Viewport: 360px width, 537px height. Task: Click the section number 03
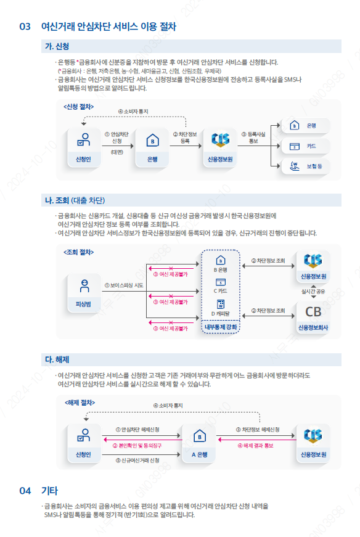(x=25, y=27)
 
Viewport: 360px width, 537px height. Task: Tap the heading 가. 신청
(x=57, y=46)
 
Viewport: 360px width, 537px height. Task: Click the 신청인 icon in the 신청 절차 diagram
(x=84, y=140)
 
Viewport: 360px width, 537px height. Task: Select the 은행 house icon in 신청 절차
(x=152, y=141)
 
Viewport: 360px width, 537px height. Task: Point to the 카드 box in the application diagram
(x=305, y=146)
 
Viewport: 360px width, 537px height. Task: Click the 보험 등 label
(x=314, y=166)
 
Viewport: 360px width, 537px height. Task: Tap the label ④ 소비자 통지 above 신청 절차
(x=133, y=112)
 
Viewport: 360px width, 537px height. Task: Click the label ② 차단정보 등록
(x=185, y=137)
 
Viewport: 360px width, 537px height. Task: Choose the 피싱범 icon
(x=84, y=286)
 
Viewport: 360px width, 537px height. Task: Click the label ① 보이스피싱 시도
(x=124, y=285)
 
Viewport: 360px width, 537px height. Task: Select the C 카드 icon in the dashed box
(x=221, y=282)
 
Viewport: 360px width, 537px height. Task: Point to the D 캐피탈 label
(x=220, y=313)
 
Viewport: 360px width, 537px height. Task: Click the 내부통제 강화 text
(x=221, y=327)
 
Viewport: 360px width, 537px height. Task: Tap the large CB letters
(x=313, y=311)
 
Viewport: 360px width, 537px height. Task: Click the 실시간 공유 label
(x=313, y=292)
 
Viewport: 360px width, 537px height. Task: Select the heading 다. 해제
(x=57, y=359)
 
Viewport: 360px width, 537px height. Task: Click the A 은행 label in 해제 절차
(x=199, y=454)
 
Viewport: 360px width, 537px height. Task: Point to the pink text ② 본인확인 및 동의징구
(x=137, y=446)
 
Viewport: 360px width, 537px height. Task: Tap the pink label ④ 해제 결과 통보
(x=256, y=446)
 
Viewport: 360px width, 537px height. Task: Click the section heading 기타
(x=49, y=491)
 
